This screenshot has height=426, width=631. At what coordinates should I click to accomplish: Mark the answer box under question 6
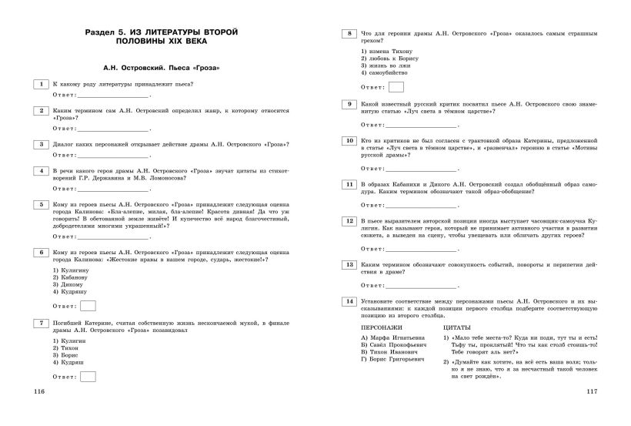(88, 305)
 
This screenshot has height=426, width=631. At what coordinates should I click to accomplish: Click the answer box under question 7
(88, 376)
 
